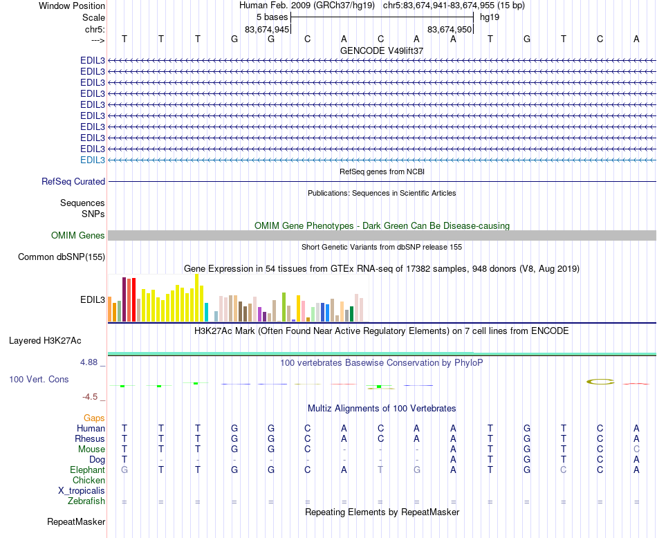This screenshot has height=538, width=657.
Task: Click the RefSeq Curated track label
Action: (x=73, y=182)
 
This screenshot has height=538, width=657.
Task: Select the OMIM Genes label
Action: (x=78, y=236)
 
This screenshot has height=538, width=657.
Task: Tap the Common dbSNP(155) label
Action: (x=62, y=257)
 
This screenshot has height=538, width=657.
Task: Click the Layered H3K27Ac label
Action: (x=45, y=340)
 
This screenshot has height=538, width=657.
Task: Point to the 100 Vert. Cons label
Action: (x=39, y=380)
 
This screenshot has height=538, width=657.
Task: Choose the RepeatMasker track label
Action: (x=76, y=521)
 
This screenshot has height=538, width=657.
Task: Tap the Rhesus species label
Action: (x=91, y=439)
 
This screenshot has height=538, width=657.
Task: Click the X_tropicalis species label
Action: (x=82, y=491)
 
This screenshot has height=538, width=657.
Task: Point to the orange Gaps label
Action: (x=94, y=418)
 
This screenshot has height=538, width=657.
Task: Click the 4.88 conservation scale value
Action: (x=92, y=362)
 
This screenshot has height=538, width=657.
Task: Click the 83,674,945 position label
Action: (x=267, y=30)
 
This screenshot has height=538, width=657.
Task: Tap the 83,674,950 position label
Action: (x=450, y=30)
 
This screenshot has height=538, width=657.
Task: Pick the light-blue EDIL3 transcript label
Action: (x=93, y=160)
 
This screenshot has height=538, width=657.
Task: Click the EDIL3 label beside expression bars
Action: (x=93, y=300)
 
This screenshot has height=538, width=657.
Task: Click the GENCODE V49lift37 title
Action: (x=382, y=51)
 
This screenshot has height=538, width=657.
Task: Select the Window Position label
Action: (x=72, y=6)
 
